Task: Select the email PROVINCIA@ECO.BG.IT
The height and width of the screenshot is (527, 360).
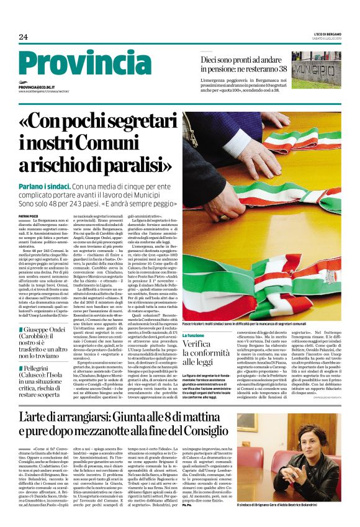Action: pyautogui.click(x=37, y=88)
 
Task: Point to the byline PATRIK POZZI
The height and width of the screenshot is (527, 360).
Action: pyautogui.click(x=29, y=216)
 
